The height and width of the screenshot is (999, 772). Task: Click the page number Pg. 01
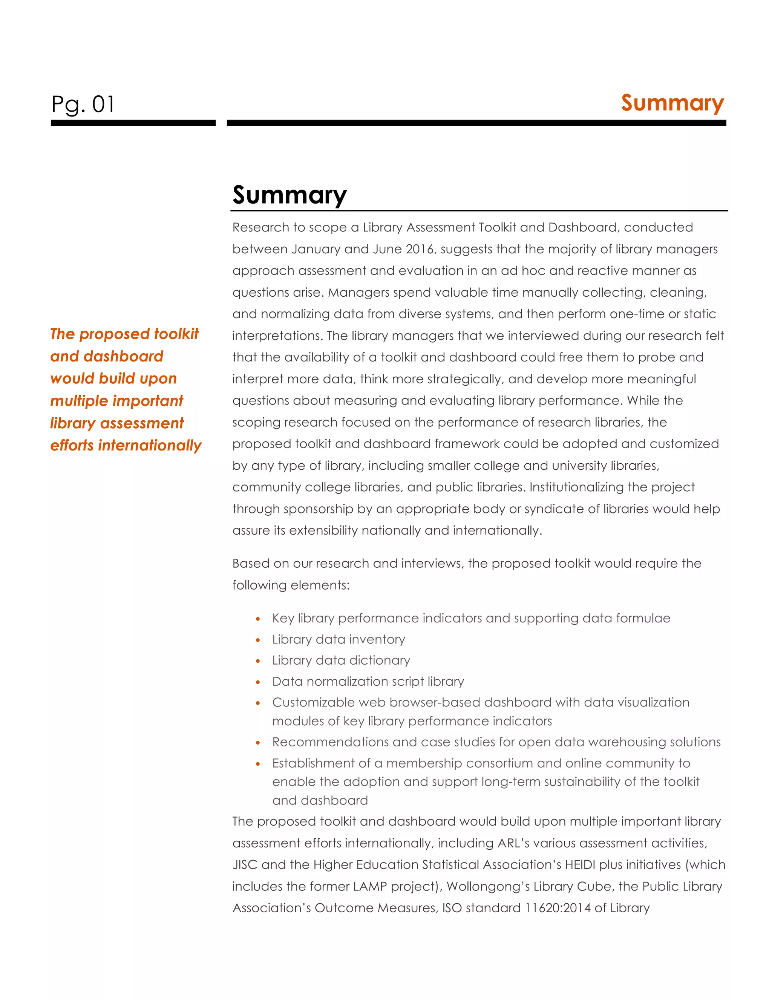(x=83, y=104)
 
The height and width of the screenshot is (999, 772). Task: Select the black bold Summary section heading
(x=289, y=195)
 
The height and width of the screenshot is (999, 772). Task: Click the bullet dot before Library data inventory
(x=258, y=640)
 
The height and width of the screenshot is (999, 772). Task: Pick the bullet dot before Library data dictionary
(x=258, y=661)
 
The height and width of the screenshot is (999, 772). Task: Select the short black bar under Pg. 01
(x=133, y=123)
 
